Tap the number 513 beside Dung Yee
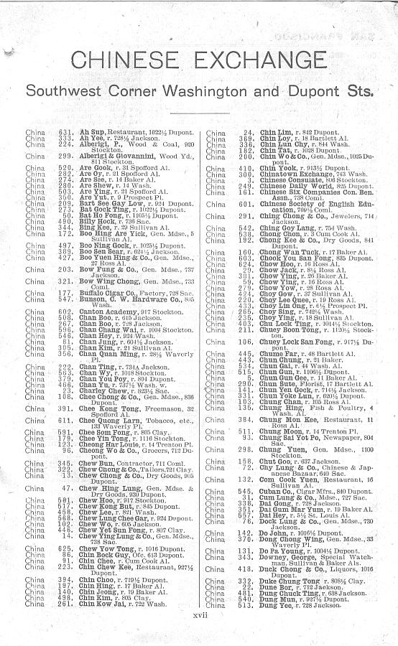coord(246,605)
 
